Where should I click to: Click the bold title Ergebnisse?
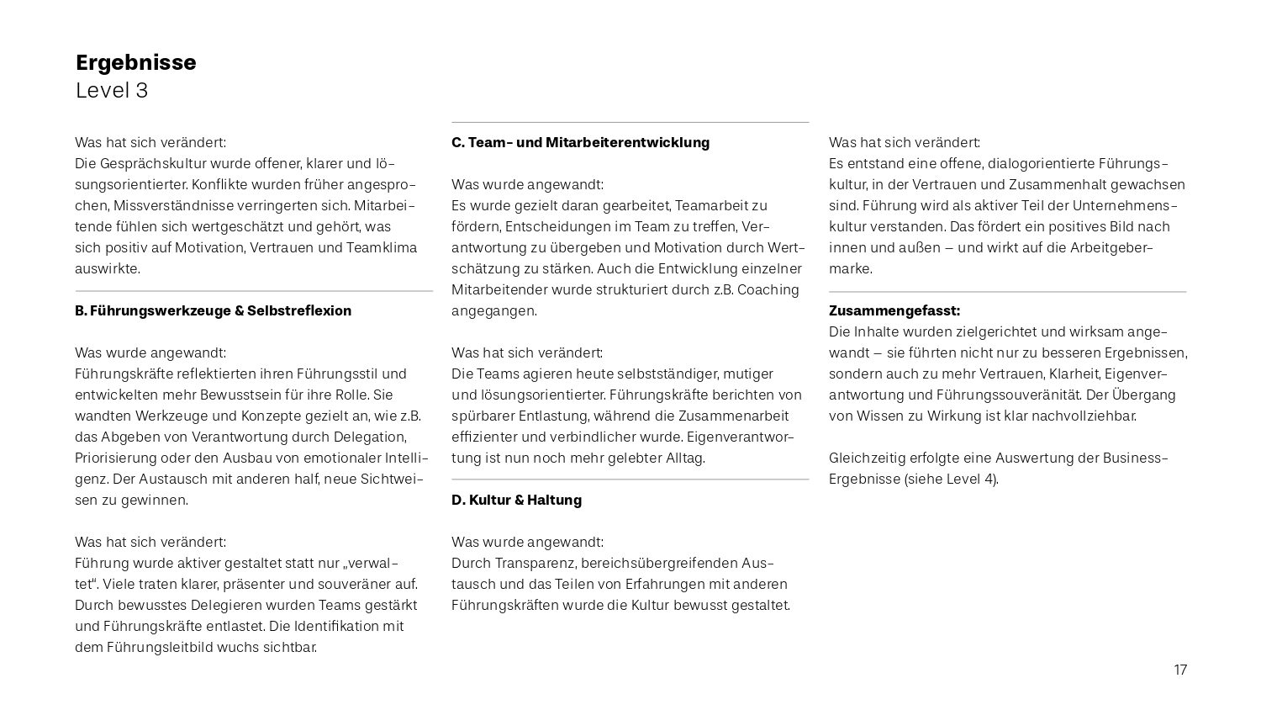pyautogui.click(x=135, y=63)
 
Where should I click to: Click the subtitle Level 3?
pyautogui.click(x=112, y=91)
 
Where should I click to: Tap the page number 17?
pyautogui.click(x=1180, y=670)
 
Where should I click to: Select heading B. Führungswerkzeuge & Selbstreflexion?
pyautogui.click(x=213, y=310)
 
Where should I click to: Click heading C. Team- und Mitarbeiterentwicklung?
pyautogui.click(x=580, y=142)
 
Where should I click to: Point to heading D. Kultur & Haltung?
pyautogui.click(x=516, y=500)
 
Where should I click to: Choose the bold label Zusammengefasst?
pyautogui.click(x=894, y=310)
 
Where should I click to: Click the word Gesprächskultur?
pyautogui.click(x=153, y=163)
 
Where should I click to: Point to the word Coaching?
pyautogui.click(x=768, y=289)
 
